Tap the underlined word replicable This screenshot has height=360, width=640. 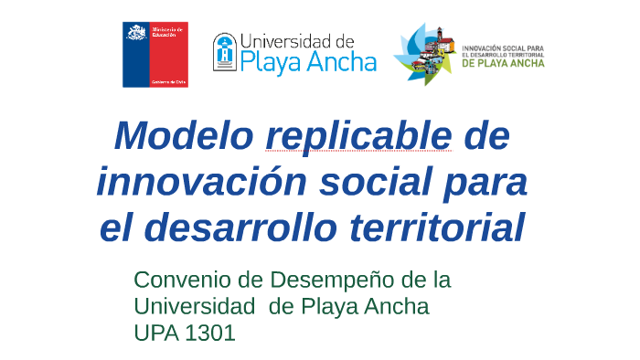tap(358, 136)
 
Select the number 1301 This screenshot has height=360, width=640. tap(209, 333)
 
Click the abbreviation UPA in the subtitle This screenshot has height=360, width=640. tap(155, 333)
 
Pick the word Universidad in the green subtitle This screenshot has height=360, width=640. tap(189, 306)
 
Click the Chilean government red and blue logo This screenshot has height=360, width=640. tap(155, 54)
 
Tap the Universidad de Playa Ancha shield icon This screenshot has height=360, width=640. tap(224, 54)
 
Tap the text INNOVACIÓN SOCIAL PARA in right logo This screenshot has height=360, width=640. tap(504, 48)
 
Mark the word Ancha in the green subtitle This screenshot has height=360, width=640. tap(395, 306)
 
